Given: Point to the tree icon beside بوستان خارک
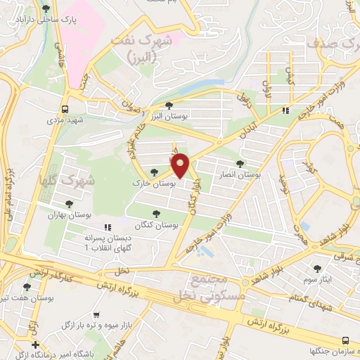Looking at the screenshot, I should pos(154,173).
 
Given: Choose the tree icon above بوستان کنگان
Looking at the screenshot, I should pos(157,214).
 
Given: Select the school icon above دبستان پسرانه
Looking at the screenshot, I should pos(108,227).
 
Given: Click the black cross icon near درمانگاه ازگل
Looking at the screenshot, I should pos(36,345).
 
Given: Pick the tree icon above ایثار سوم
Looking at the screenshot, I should pos(317,268).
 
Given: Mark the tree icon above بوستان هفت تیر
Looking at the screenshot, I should pos(27,287).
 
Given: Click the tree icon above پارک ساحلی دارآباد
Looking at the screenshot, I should pos(46,9).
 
